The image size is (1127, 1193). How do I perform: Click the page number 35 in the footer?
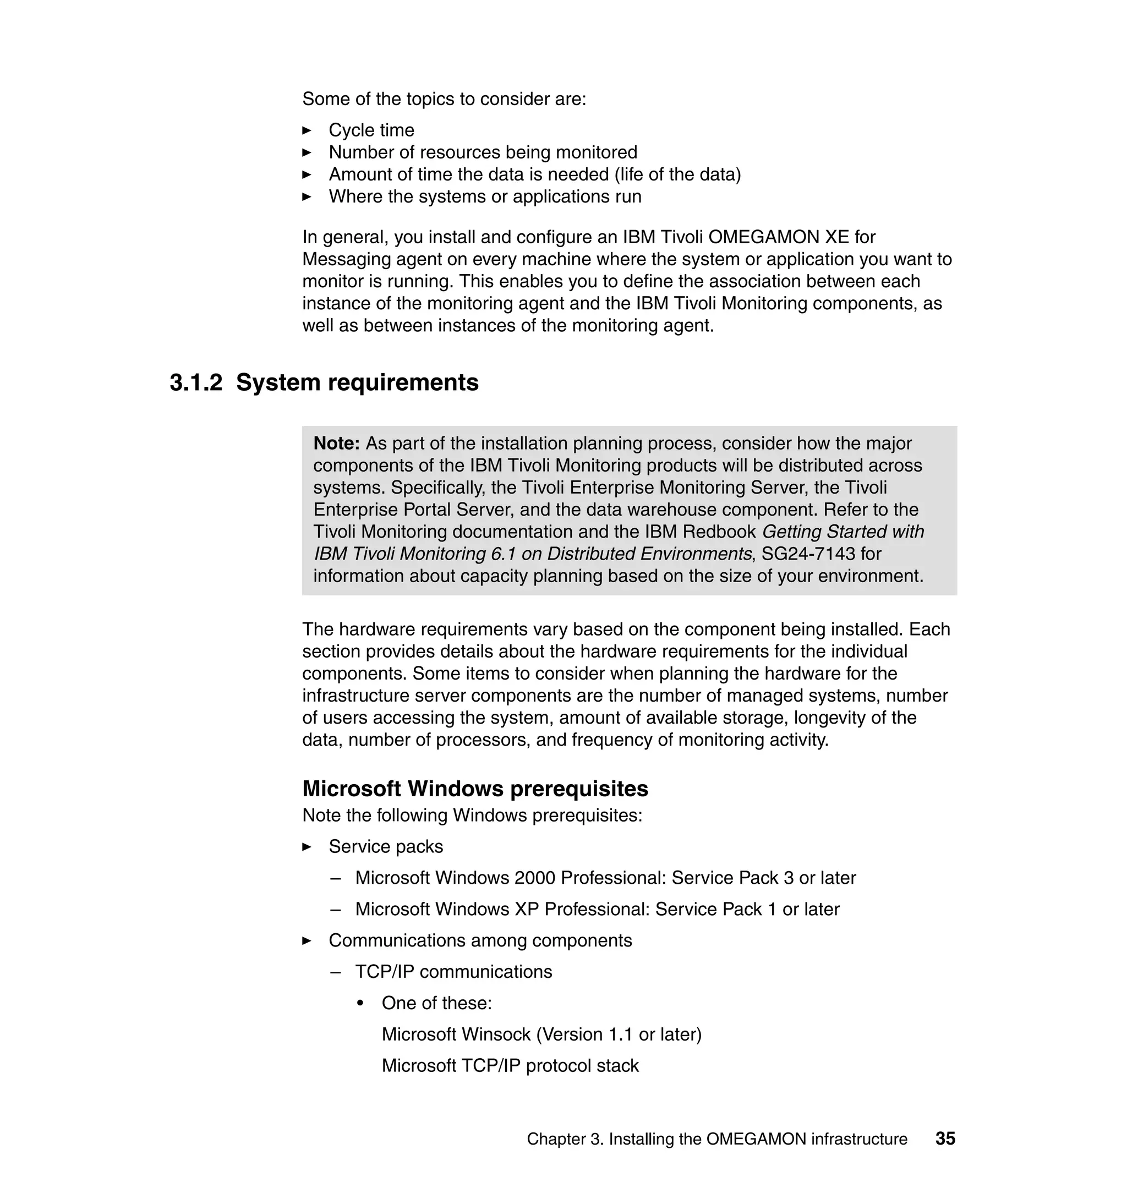point(945,1139)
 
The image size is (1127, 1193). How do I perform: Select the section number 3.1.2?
point(196,382)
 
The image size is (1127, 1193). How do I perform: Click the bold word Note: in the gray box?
point(336,444)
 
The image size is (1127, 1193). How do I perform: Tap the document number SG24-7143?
point(808,553)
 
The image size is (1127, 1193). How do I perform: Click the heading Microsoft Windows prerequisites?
point(474,788)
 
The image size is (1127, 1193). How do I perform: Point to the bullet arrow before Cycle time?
point(307,130)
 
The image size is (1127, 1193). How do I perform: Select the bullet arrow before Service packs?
point(307,846)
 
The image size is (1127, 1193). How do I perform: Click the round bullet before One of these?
point(360,1003)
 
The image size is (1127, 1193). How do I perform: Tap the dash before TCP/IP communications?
point(335,972)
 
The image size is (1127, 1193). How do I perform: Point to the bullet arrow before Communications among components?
point(307,941)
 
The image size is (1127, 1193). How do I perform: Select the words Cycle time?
point(371,130)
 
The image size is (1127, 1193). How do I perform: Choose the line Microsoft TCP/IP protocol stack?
point(510,1066)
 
